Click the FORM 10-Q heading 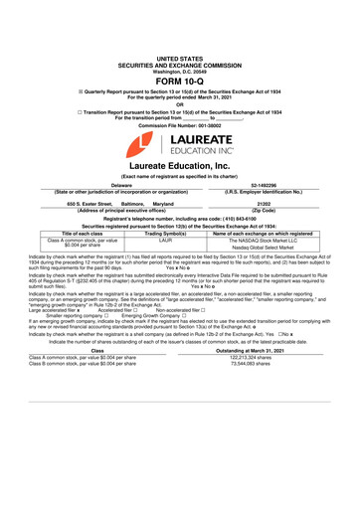179,84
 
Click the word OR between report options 179,104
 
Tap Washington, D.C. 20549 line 179,73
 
